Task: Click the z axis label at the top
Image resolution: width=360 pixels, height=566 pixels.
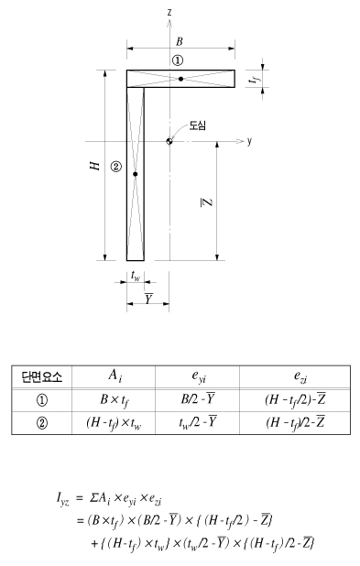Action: (169, 12)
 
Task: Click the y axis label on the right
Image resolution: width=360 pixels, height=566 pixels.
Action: (249, 141)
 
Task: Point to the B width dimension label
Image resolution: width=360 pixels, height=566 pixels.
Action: (180, 41)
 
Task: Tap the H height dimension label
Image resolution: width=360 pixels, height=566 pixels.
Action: (94, 166)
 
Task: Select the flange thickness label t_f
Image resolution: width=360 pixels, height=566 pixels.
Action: (255, 79)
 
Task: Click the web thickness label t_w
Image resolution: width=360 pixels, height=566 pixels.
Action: (136, 276)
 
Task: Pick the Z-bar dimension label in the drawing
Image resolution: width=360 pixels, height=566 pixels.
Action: (207, 202)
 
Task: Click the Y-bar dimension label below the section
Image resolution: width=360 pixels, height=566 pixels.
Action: (148, 299)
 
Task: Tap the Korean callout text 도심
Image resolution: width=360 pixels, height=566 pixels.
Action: (198, 125)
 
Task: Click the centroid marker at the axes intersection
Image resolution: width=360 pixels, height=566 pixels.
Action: (169, 141)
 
